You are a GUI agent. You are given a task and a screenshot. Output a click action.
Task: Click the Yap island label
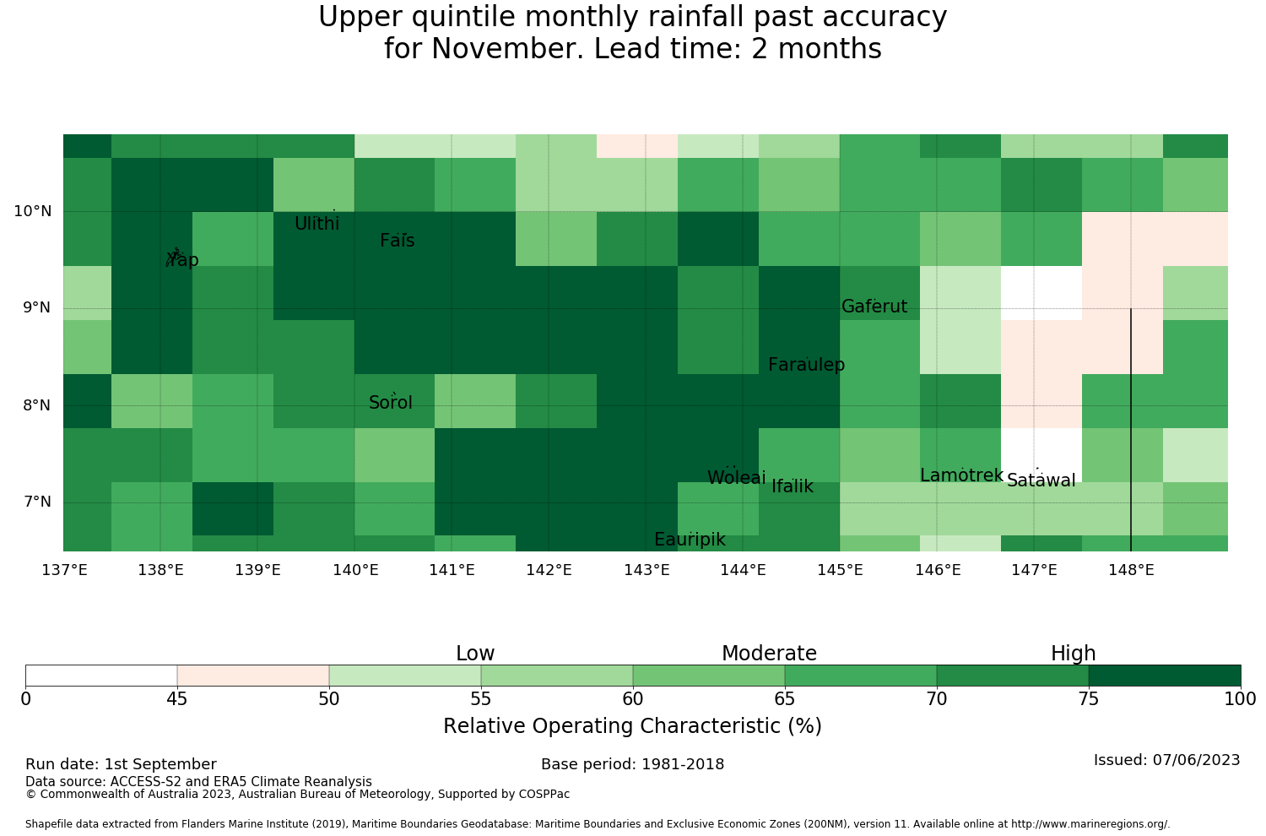click(x=182, y=259)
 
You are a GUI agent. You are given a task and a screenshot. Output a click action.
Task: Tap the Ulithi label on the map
click(x=317, y=224)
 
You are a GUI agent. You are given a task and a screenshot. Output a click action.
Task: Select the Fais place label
click(x=398, y=241)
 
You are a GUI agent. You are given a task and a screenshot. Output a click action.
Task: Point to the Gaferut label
click(x=874, y=306)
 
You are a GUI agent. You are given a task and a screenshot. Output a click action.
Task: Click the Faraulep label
click(x=807, y=364)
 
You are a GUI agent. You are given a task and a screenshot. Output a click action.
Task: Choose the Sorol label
click(x=391, y=402)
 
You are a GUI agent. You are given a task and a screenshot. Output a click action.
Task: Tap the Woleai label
click(x=737, y=477)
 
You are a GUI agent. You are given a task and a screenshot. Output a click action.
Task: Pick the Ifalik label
click(x=793, y=486)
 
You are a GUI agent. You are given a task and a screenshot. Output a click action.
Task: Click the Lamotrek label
click(x=961, y=475)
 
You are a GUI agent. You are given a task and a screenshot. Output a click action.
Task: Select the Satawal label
click(x=1041, y=480)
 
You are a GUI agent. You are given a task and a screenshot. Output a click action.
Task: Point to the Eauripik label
click(x=690, y=539)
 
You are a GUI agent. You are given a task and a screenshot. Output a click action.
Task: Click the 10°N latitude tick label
click(x=33, y=212)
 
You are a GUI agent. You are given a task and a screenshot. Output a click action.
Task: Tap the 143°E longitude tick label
click(x=647, y=570)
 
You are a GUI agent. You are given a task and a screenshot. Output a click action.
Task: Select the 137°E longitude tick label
click(x=64, y=570)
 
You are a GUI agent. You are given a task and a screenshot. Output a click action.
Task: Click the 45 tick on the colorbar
click(x=177, y=699)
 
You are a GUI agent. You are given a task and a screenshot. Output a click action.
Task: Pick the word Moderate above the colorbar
click(x=769, y=654)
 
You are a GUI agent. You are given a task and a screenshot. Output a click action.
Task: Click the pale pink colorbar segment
click(x=253, y=676)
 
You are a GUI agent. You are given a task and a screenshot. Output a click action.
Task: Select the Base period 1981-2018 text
click(x=632, y=764)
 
